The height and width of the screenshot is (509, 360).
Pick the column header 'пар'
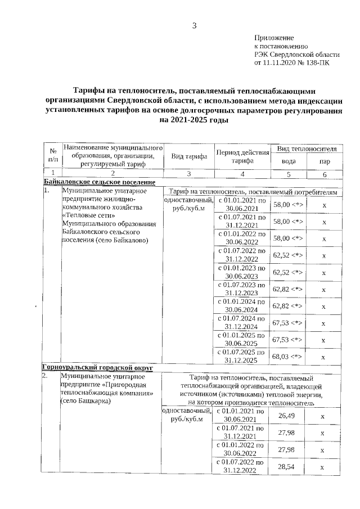[x=324, y=161]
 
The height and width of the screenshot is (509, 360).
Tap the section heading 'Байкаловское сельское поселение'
[x=99, y=183]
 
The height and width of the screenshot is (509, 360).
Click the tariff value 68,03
[x=287, y=357]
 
